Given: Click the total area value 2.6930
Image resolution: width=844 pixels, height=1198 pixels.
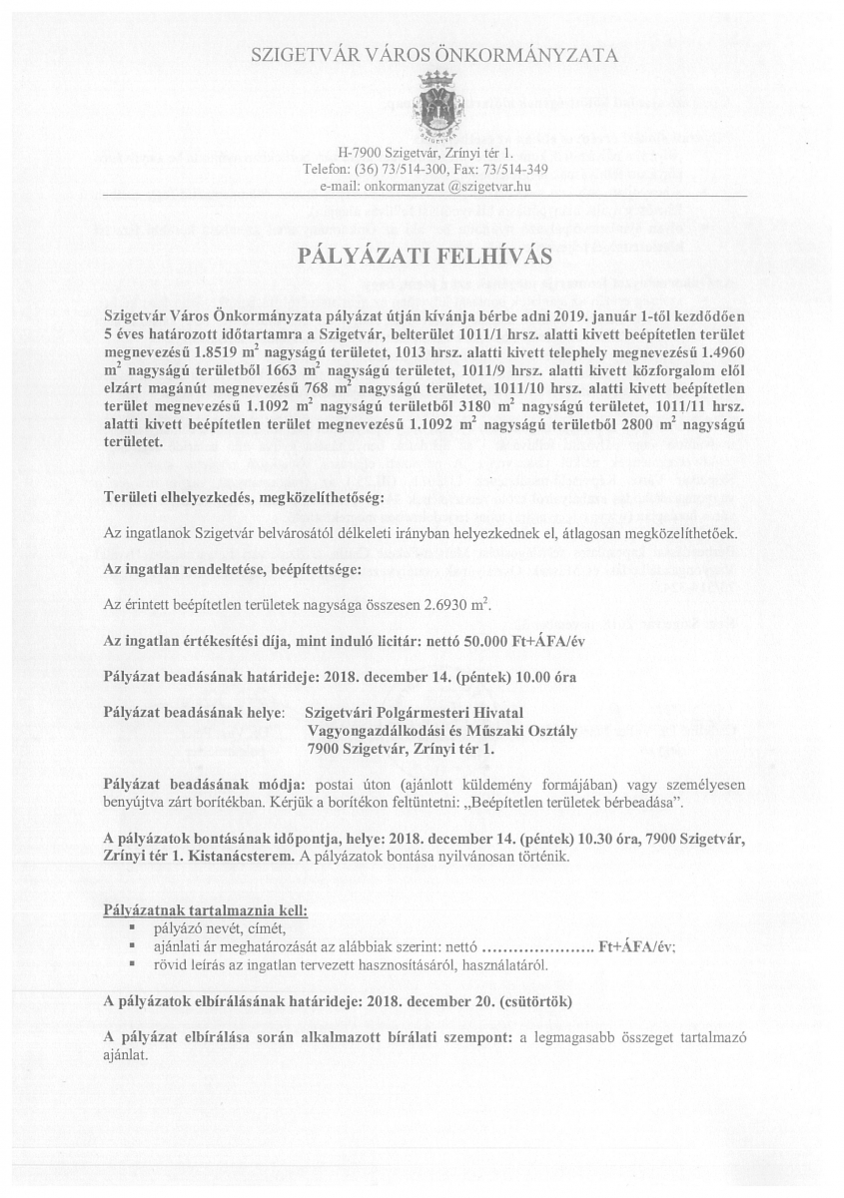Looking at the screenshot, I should pyautogui.click(x=448, y=605).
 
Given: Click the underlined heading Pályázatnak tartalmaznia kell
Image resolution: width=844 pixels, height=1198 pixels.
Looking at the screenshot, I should pyautogui.click(x=206, y=909).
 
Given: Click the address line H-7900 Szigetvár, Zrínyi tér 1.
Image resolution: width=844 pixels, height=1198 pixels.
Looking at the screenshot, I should pyautogui.click(x=424, y=153).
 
